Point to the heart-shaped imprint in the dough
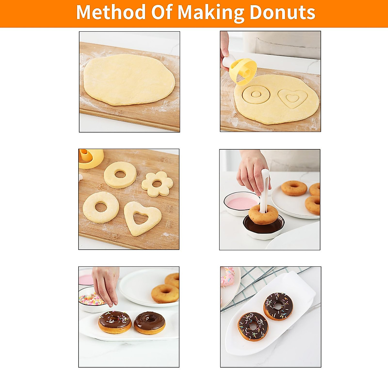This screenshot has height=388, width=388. coord(293,98)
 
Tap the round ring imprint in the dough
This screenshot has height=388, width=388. coord(256,94)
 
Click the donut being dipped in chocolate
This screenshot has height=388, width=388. coord(264,214)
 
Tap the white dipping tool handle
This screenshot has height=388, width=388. coord(265,188)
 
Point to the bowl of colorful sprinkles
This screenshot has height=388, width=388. coord(91,299)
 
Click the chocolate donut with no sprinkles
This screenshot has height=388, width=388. coord(149,322)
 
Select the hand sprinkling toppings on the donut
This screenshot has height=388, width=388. coord(105,285)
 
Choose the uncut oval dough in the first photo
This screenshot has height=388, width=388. coord(129,80)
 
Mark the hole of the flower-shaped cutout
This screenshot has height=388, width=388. coord(157,184)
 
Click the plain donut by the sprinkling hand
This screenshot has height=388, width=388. coord(165,293)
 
